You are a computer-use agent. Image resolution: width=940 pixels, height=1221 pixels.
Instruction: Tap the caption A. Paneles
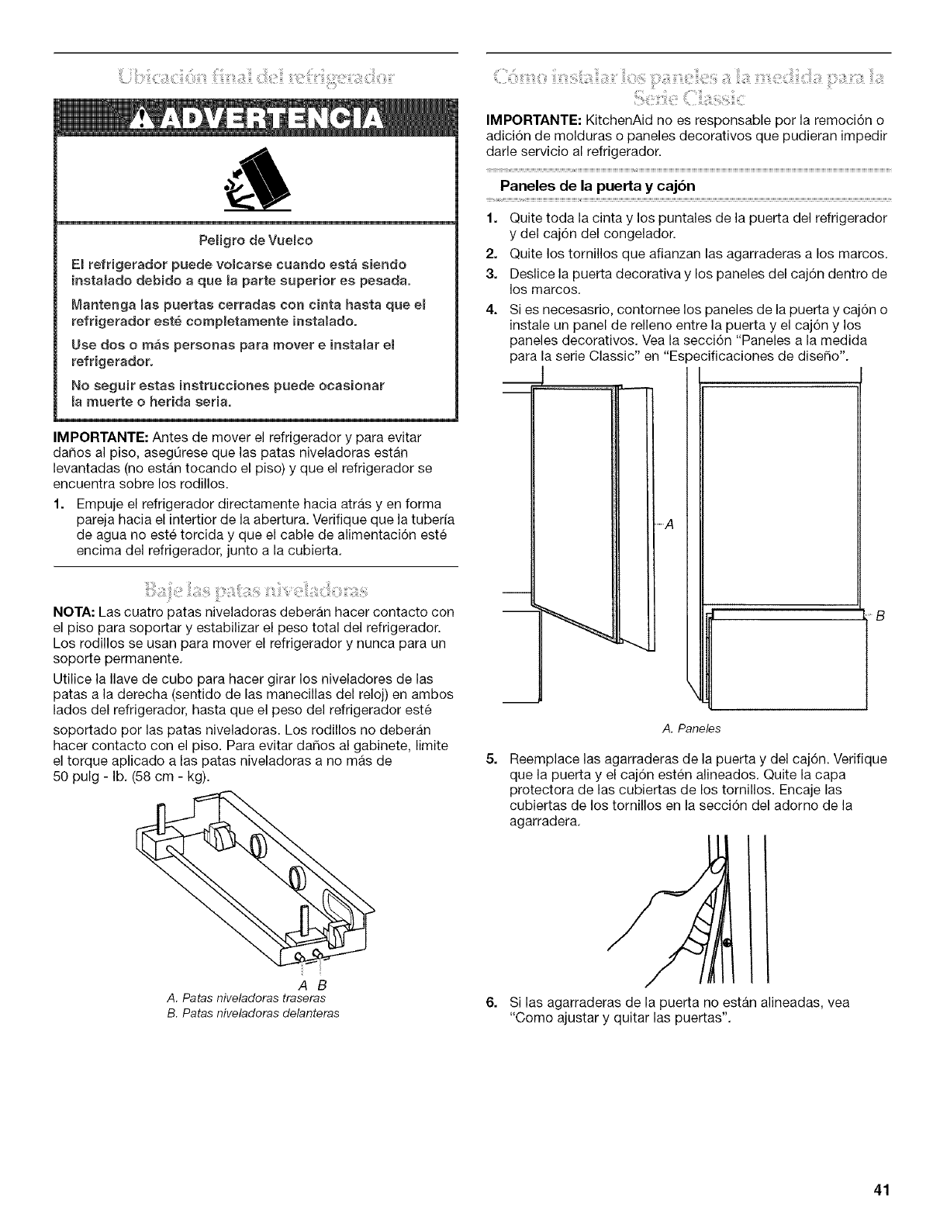click(x=682, y=728)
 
